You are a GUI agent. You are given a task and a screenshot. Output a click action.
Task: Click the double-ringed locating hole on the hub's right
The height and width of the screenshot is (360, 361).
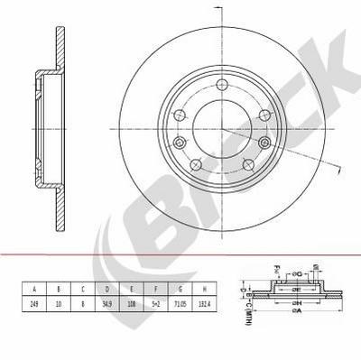coord(264,143)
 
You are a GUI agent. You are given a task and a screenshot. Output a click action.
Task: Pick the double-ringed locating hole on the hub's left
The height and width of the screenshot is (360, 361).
coord(180,143)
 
